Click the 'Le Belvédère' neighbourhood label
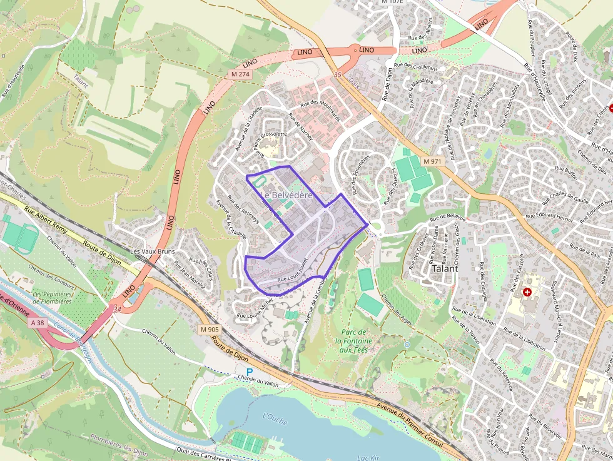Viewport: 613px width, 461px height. click(286, 195)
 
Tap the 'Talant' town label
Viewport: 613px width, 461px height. click(445, 268)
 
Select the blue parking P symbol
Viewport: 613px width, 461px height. click(249, 372)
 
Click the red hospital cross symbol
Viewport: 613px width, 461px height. click(527, 292)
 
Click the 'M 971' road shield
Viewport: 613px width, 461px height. click(432, 161)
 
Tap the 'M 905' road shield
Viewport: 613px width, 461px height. click(210, 329)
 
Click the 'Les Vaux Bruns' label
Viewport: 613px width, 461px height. click(152, 251)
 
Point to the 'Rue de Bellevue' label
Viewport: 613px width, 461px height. click(448, 216)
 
